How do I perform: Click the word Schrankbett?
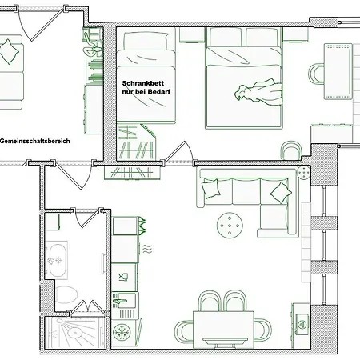pyautogui.click(x=143, y=83)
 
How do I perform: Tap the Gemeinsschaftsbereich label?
pyautogui.click(x=35, y=141)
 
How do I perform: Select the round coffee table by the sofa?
pyautogui.click(x=230, y=226)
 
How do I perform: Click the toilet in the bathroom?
pyautogui.click(x=67, y=294)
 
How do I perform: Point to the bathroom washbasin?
pyautogui.click(x=58, y=260)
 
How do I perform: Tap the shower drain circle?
pyautogui.click(x=74, y=332)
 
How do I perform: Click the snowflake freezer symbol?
pyautogui.click(x=122, y=333)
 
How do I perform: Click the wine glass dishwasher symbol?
pyautogui.click(x=123, y=278)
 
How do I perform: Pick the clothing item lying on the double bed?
pyautogui.click(x=258, y=92)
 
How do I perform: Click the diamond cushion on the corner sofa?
pyautogui.click(x=281, y=193)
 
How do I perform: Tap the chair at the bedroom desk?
pyautogui.click(x=317, y=74)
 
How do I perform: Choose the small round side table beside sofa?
pyautogui.click(x=303, y=173)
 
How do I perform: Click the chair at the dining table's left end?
pyautogui.click(x=185, y=332)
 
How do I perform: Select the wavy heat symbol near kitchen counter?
pyautogui.click(x=147, y=249)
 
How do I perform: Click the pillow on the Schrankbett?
pyautogui.click(x=146, y=41)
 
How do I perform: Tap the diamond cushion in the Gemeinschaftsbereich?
pyautogui.click(x=9, y=52)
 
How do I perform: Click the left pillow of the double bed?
pyautogui.click(x=226, y=37)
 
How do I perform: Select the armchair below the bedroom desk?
pyautogui.click(x=291, y=151)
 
